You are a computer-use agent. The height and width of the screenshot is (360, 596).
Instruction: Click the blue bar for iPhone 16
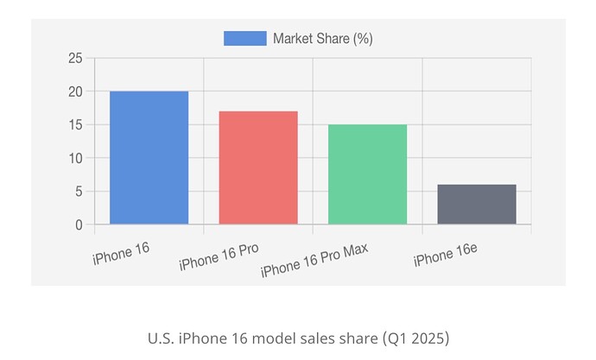pos(149,158)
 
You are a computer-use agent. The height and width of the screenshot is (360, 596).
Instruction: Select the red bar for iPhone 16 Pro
pos(258,167)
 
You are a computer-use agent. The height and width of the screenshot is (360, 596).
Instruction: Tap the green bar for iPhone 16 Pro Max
pos(367,174)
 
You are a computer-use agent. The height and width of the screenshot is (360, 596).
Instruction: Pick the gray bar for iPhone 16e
pos(477,205)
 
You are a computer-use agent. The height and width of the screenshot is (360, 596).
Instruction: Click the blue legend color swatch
pos(244,38)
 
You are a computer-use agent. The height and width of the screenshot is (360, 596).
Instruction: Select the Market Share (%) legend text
pos(322,38)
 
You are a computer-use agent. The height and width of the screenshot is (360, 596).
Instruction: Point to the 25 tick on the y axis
pos(75,58)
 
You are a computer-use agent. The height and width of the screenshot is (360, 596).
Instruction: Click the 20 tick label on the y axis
pos(75,92)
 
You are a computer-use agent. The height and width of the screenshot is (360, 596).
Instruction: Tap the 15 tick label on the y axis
pos(75,124)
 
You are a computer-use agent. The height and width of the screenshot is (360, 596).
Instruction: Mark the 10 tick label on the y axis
pos(75,158)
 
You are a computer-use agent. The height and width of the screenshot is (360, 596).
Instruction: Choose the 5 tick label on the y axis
pos(79,192)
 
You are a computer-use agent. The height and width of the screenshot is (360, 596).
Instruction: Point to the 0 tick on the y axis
pos(79,224)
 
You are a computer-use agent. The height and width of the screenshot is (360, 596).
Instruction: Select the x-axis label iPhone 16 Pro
pos(219,257)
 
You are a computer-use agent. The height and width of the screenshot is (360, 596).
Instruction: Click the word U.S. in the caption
pos(160,336)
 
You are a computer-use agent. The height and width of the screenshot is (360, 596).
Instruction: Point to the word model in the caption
pos(275,336)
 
